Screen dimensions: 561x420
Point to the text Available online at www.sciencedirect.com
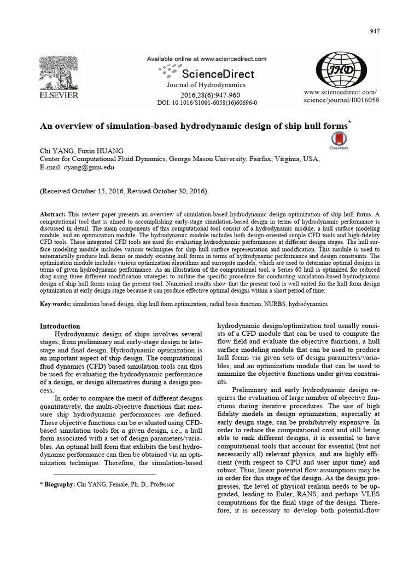[206, 59]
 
